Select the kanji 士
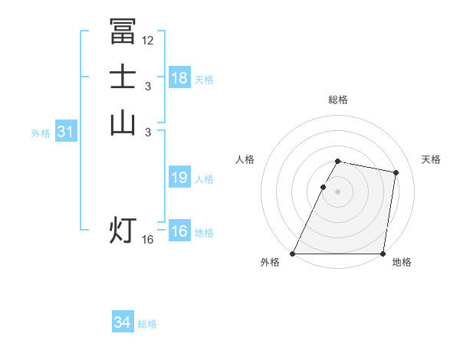click(123, 77)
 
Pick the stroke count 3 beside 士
click(147, 87)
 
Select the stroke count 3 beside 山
click(147, 133)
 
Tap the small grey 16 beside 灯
click(148, 240)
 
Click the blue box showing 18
click(179, 78)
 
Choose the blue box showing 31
click(65, 132)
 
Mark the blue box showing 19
click(179, 178)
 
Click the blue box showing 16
click(179, 231)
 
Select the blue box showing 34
click(123, 323)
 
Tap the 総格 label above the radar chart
click(338, 100)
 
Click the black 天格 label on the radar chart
click(432, 159)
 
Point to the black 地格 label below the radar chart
click(402, 263)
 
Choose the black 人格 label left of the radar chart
click(245, 159)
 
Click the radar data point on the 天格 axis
click(396, 173)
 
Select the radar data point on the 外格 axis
click(293, 254)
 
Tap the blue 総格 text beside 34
click(147, 324)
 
